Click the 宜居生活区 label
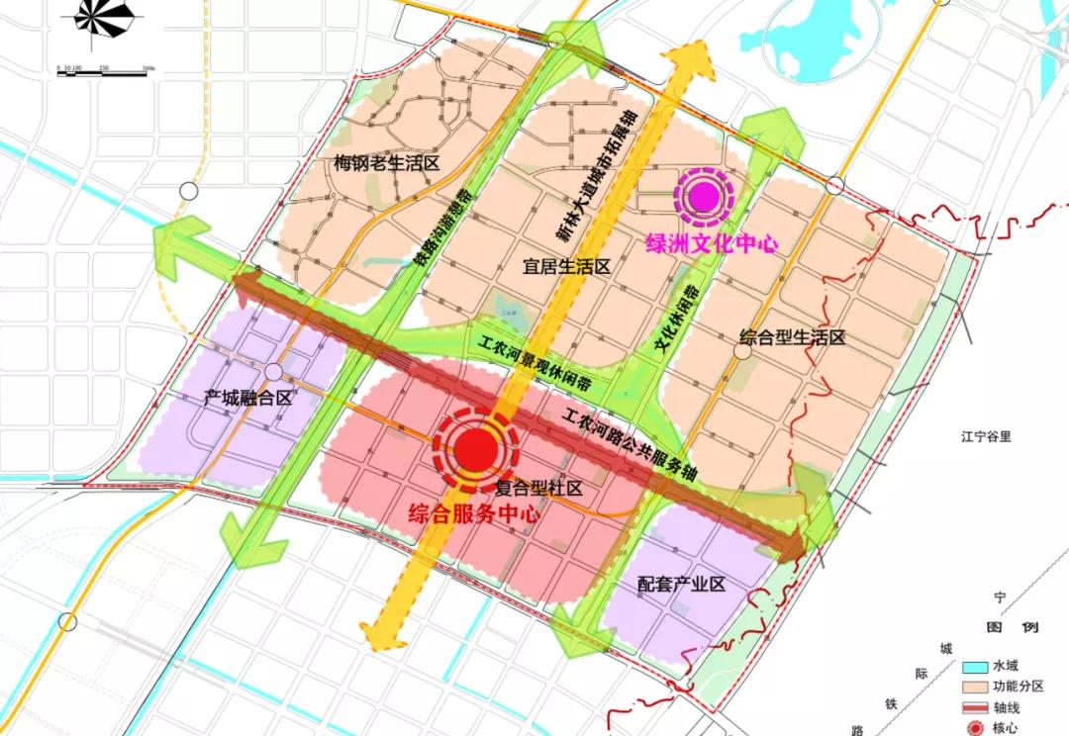tap(565, 266)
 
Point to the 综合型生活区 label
tap(792, 338)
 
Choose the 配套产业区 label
tap(682, 584)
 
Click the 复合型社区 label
tap(537, 488)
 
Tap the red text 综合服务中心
tap(475, 514)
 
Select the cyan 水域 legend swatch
tap(976, 665)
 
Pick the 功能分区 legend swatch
tap(976, 686)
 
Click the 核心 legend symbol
tap(976, 727)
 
